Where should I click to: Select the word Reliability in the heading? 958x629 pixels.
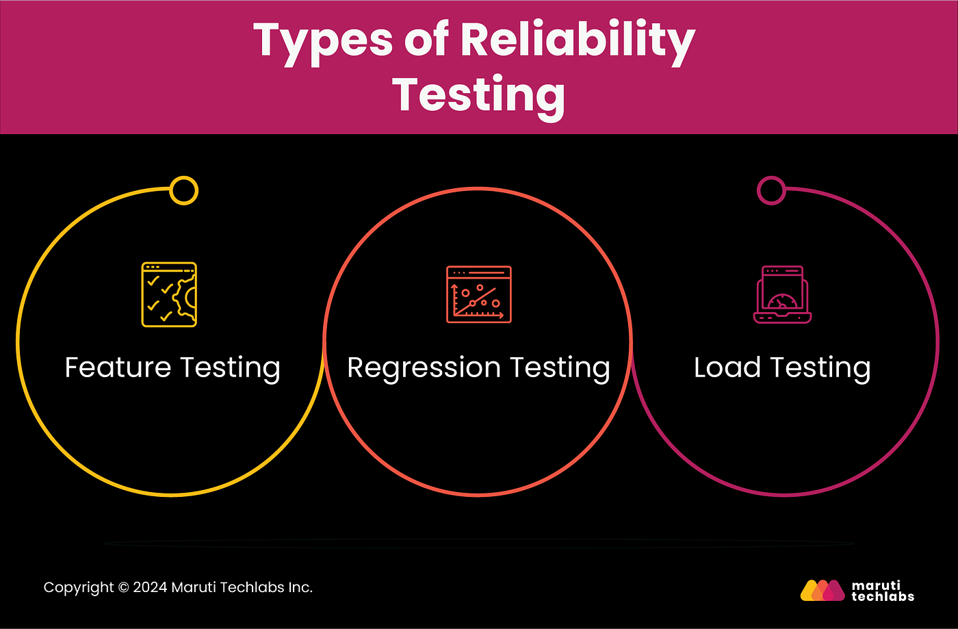(x=578, y=41)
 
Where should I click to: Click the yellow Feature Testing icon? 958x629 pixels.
(x=169, y=294)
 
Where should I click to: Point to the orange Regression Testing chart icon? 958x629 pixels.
(x=478, y=294)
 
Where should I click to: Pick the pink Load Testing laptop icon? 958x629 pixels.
(x=782, y=294)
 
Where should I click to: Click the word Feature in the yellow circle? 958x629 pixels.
(x=118, y=368)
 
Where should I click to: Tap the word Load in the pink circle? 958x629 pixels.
(x=727, y=368)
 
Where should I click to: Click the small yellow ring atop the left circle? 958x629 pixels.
(x=183, y=190)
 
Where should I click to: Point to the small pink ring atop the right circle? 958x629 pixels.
(x=771, y=190)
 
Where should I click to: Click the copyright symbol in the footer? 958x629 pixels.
(x=123, y=587)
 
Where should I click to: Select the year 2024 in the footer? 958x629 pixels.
(x=150, y=587)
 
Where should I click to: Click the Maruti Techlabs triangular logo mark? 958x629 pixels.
(x=823, y=590)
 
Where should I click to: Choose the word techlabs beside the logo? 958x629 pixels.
(x=883, y=596)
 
